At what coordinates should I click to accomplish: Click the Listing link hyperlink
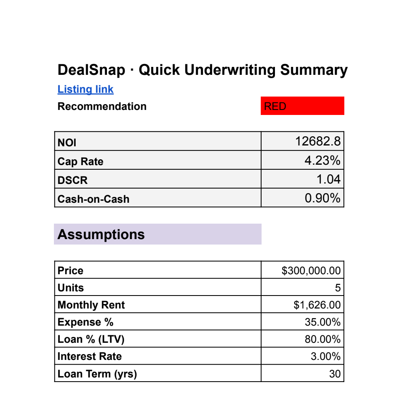(85, 89)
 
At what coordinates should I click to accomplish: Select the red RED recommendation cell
(302, 106)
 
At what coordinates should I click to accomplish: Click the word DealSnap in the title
(91, 70)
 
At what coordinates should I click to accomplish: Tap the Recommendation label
(102, 106)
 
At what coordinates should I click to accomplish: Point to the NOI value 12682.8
(318, 141)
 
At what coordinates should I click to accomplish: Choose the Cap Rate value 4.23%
(322, 161)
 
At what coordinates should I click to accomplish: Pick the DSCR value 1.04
(328, 179)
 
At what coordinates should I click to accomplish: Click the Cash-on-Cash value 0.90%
(322, 198)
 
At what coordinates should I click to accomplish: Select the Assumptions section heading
(101, 235)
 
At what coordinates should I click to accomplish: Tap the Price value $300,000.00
(311, 270)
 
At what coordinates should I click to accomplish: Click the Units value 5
(338, 288)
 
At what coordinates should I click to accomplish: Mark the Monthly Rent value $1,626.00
(317, 305)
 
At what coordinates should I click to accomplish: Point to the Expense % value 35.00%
(322, 322)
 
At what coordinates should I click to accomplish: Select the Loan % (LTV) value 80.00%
(322, 339)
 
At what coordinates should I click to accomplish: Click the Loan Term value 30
(335, 374)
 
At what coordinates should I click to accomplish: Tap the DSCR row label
(73, 180)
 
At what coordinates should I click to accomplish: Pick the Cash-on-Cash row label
(93, 199)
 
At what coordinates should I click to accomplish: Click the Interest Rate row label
(89, 357)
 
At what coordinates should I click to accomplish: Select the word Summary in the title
(313, 70)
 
